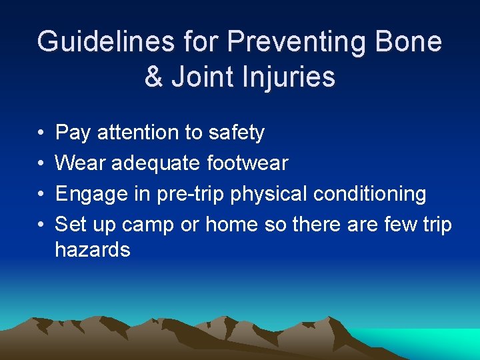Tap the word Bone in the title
click(408, 42)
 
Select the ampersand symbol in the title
click(153, 77)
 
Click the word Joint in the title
click(200, 77)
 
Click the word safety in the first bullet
click(236, 133)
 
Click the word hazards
click(93, 250)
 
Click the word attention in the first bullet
click(139, 133)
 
